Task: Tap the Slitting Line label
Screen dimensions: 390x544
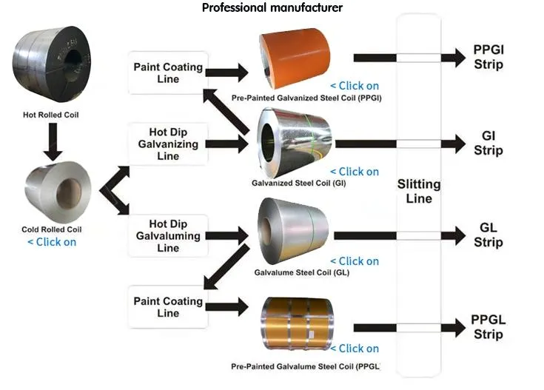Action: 419,191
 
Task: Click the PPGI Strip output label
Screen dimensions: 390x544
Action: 488,57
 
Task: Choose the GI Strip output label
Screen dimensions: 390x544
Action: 488,144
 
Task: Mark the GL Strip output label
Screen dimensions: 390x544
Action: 488,235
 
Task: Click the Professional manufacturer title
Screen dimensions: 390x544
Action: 272,8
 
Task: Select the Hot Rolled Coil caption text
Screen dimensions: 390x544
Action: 51,115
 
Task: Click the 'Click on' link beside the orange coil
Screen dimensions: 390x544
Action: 355,84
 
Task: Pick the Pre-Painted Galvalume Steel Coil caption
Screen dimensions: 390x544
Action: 306,366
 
